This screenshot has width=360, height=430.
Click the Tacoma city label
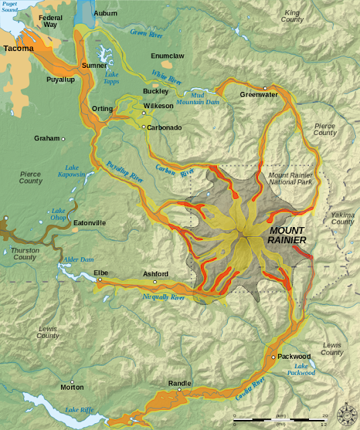pos(18,49)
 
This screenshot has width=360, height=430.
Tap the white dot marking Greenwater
pos(265,88)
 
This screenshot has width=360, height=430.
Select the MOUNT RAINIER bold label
pos(287,235)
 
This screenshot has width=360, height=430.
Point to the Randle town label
pos(179,383)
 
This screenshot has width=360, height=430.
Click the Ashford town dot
pos(154,282)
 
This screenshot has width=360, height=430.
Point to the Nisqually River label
pos(163,296)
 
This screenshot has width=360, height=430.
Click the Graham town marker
pos(63,139)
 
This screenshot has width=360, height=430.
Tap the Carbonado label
pos(165,127)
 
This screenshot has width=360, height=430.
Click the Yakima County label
pos(342,218)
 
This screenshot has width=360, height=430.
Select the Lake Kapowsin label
pos(77,171)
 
